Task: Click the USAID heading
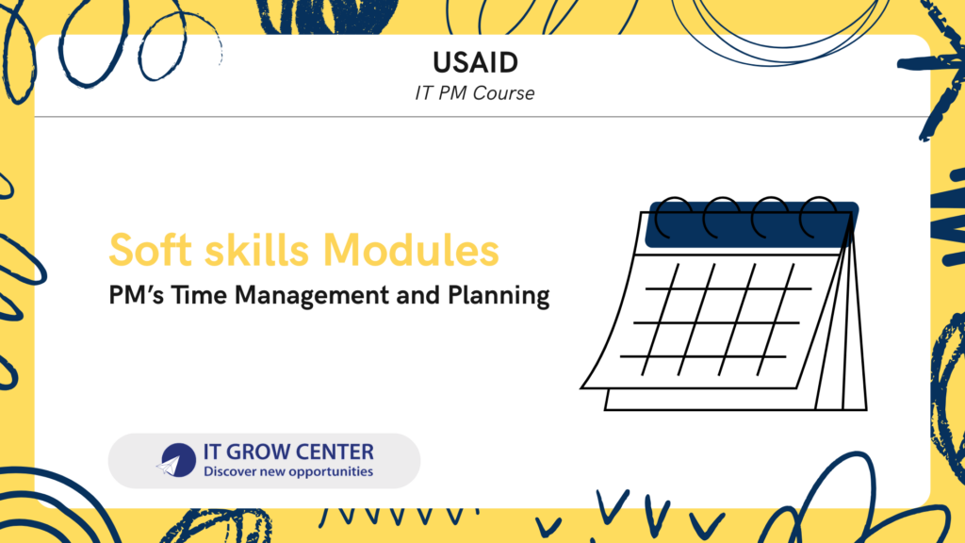click(x=475, y=62)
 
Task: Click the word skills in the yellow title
click(x=256, y=250)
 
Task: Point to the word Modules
click(x=411, y=250)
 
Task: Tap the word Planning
click(x=499, y=296)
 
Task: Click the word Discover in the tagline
click(x=228, y=471)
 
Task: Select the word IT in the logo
click(x=212, y=452)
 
